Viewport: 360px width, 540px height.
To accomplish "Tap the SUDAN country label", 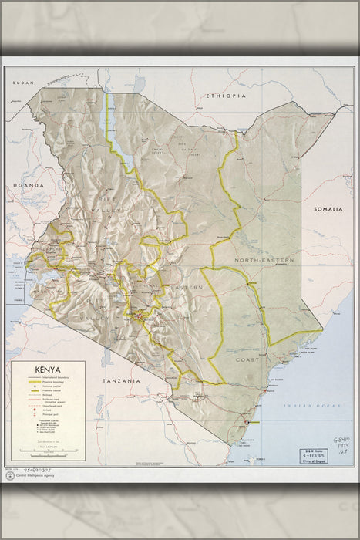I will pos(25,82).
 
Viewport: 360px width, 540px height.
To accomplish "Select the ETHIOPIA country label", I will pos(226,96).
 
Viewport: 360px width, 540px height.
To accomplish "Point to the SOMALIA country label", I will pos(331,209).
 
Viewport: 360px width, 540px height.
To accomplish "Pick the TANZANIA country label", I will pos(123,381).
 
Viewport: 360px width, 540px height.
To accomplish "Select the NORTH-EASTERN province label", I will pos(264,261).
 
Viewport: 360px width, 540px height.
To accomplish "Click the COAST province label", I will pos(247,359).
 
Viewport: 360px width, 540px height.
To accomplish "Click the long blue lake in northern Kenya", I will pos(122,131).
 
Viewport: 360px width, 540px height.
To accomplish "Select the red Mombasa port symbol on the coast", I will pos(254,423).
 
